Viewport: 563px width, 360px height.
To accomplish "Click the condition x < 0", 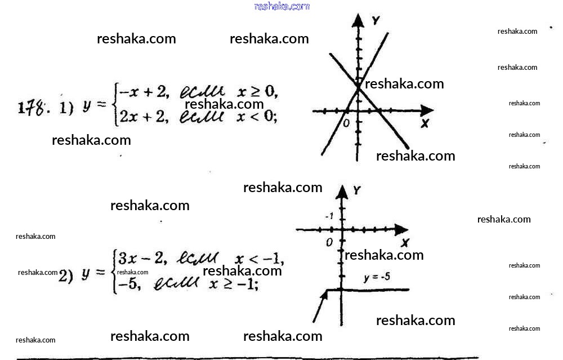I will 256,117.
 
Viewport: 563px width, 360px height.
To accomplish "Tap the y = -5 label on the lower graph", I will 377,277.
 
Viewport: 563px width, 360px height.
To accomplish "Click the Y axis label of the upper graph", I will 376,21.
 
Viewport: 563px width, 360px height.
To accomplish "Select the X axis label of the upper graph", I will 425,123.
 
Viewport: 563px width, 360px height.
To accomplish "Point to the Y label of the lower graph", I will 356,190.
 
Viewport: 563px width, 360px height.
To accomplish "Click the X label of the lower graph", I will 405,243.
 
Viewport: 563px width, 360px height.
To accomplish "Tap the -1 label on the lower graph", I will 329,216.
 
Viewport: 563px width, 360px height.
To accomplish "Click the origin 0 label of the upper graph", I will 346,122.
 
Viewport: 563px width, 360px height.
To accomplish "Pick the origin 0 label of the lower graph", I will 329,242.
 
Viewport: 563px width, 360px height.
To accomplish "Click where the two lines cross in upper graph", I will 358,87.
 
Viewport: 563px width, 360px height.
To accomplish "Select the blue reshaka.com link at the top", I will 281,6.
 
